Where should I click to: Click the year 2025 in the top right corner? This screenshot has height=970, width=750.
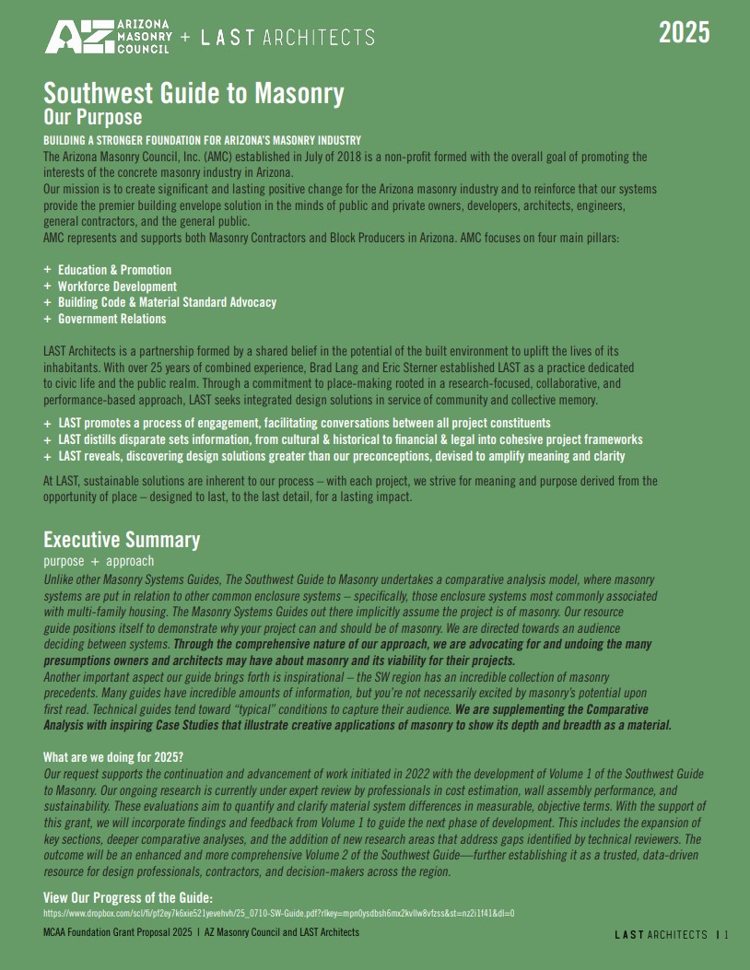tap(684, 33)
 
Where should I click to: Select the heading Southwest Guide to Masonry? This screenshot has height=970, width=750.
tap(193, 94)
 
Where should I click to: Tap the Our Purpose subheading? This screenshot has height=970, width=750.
tap(93, 117)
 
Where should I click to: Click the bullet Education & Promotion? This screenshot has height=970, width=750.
tap(114, 270)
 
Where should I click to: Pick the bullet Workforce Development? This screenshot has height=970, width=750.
tap(117, 286)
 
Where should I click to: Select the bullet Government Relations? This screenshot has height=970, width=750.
tap(111, 319)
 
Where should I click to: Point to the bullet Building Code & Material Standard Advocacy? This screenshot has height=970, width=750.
tap(167, 302)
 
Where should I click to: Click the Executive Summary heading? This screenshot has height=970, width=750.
tap(122, 540)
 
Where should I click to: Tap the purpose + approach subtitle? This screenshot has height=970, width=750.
tap(99, 561)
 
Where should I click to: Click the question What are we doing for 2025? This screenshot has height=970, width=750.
tap(113, 757)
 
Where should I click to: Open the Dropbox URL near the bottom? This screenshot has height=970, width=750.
tap(278, 913)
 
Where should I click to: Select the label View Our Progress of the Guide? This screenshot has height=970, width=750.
tap(128, 897)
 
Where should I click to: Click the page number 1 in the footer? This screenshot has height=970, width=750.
tap(726, 935)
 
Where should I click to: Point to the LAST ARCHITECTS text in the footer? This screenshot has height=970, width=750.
tap(661, 935)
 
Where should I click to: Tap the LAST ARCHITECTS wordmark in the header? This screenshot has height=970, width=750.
tap(287, 38)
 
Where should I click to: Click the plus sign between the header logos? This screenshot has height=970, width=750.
tap(185, 38)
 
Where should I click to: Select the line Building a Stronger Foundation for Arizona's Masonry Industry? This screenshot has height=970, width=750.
tap(202, 140)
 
